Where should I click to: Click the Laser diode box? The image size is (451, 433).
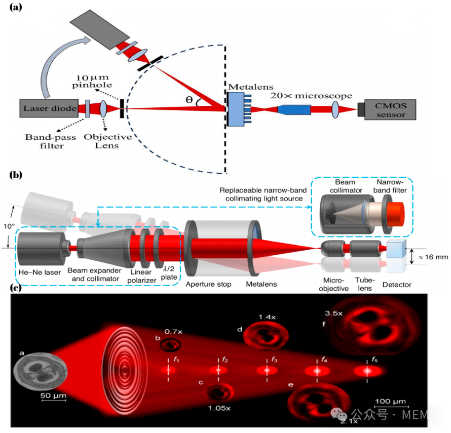49,108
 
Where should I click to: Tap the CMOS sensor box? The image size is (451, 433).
390,109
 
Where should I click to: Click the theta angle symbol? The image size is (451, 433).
189,100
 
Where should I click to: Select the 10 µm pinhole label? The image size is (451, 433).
92,82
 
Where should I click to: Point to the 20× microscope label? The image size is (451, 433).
311,95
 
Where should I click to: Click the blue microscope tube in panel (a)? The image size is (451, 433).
294,109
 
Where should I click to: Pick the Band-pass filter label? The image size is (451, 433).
51,141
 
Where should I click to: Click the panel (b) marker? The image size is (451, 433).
16,175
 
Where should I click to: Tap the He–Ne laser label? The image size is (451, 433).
40,272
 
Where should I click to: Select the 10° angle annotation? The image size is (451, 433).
9,226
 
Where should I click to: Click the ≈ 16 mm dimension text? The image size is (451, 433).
433,257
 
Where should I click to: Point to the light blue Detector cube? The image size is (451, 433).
396,249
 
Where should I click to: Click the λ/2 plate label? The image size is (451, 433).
169,273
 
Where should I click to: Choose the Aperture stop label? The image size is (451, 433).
209,284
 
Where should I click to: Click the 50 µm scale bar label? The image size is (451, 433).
53,396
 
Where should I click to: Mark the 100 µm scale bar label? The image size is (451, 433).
391,401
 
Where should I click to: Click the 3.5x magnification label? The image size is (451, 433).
333,313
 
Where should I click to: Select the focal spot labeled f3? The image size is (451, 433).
267,370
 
